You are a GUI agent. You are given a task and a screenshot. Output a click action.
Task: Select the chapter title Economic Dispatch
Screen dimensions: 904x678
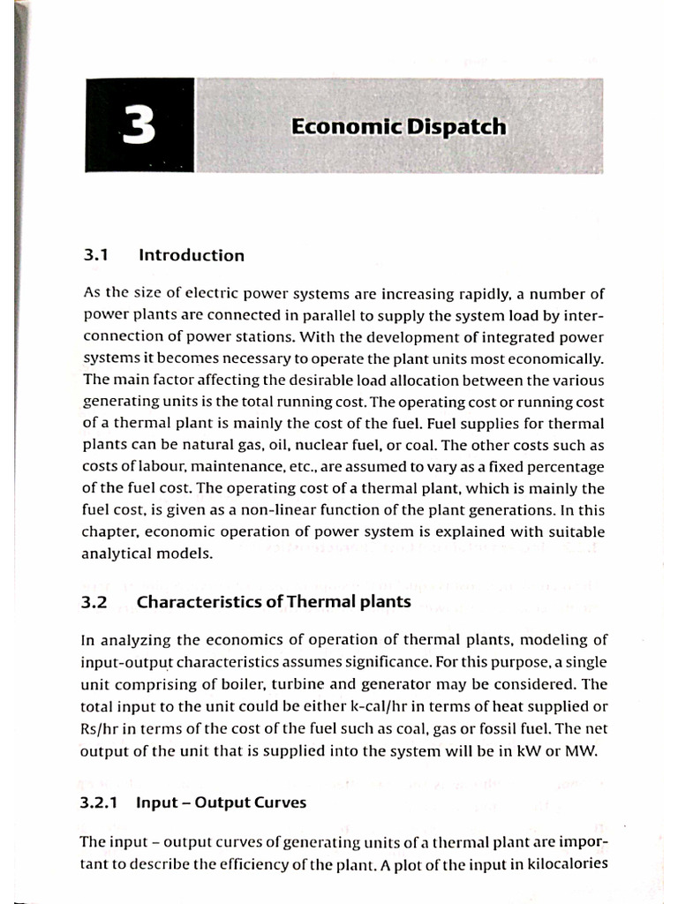pyautogui.click(x=399, y=127)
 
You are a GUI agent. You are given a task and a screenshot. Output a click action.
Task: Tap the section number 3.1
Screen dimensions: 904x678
pyautogui.click(x=94, y=256)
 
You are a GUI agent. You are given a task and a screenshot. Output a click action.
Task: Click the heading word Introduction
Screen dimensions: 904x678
pyautogui.click(x=192, y=256)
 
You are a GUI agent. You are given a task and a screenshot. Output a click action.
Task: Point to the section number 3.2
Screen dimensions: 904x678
pyautogui.click(x=94, y=602)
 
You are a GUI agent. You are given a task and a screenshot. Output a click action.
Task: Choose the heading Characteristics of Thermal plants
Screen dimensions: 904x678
pyautogui.click(x=274, y=602)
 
